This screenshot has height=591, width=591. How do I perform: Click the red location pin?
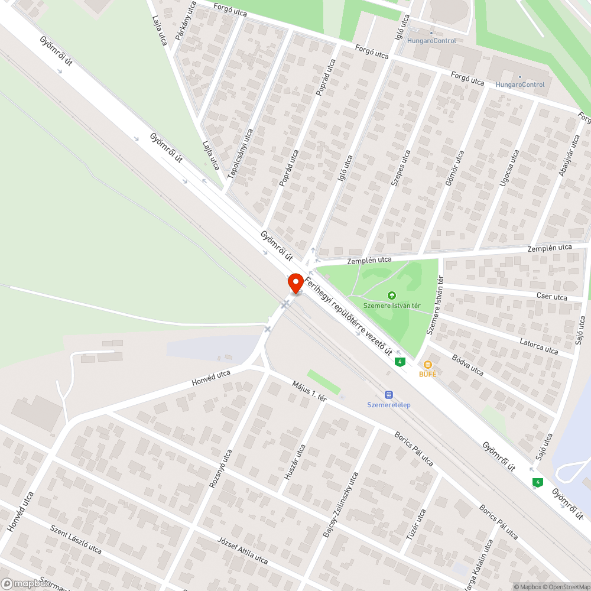tap(295, 284)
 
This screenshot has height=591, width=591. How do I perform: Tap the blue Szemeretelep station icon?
tap(389, 394)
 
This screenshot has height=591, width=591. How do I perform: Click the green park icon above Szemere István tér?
tap(391, 295)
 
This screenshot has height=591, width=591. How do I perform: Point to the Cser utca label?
tap(551, 297)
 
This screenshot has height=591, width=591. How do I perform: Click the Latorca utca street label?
tap(538, 346)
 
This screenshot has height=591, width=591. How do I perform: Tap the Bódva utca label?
tap(467, 365)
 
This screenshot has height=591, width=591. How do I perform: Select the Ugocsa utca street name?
tap(509, 168)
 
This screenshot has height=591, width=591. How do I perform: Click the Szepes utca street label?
tap(400, 168)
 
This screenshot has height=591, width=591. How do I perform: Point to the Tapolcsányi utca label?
tap(241, 154)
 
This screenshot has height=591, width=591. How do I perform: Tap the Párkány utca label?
tap(186, 21)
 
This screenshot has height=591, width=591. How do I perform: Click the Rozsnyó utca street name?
tap(220, 469)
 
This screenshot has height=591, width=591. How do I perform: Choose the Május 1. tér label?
tap(309, 391)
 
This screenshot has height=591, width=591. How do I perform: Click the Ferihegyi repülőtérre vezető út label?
tap(349, 317)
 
